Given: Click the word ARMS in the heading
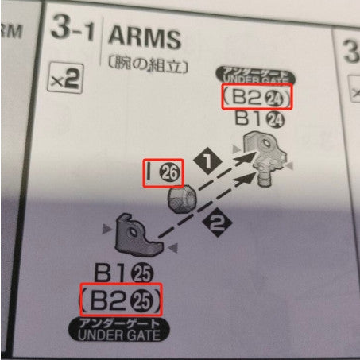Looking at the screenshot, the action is (145, 38).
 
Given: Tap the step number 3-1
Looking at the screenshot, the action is (72, 27).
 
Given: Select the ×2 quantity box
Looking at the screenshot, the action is (65, 79).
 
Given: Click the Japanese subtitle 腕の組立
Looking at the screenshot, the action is (148, 65).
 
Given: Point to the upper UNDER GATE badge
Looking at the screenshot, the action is (255, 75).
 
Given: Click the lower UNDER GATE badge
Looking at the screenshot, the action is (119, 330).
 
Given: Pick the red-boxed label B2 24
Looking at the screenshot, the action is (257, 96).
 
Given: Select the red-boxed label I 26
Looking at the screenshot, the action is (163, 173).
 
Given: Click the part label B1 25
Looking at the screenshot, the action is (124, 273).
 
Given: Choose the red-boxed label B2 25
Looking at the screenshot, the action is (121, 300).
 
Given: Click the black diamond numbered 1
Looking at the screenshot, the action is (208, 161).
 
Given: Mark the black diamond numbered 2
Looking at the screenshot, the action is (217, 223).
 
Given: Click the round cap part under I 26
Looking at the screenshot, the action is (181, 199).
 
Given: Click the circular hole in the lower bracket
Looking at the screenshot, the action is (132, 233).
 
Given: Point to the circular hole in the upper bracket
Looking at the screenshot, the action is (264, 143).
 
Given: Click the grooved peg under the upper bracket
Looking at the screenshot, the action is (265, 178).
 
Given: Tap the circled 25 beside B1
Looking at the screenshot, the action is (144, 273).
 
